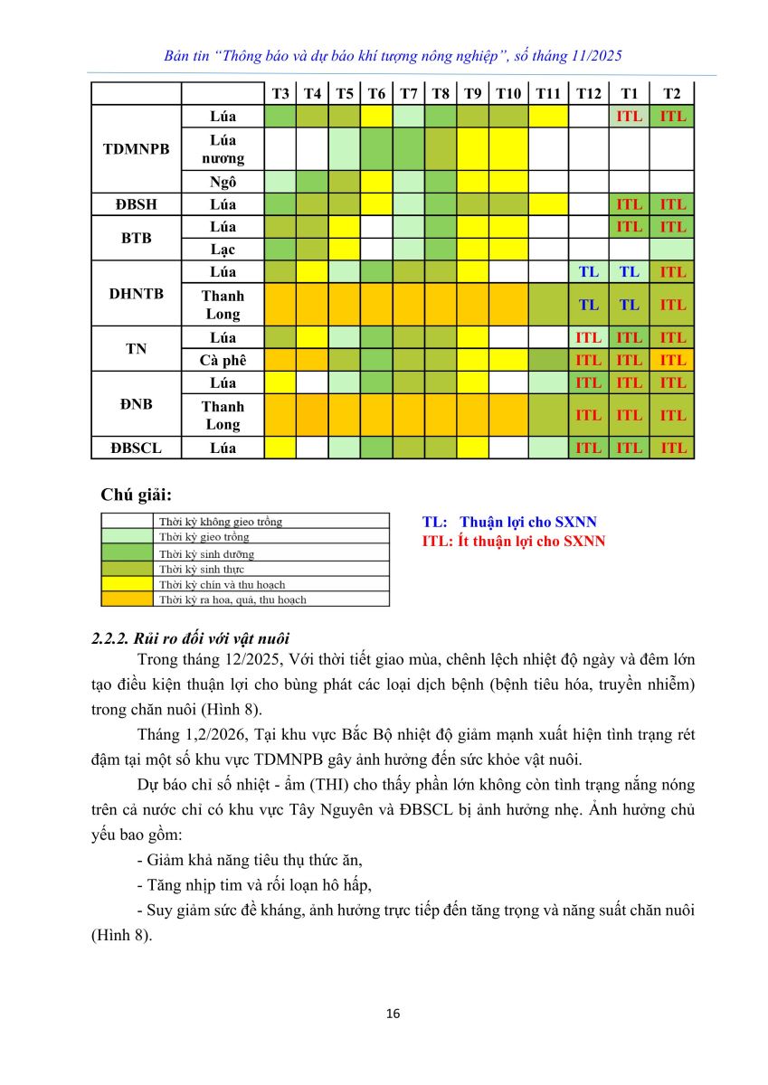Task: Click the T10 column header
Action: (508, 94)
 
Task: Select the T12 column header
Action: (588, 94)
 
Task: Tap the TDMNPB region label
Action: (137, 149)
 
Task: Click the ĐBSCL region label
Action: (137, 448)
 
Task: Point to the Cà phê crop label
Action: (223, 360)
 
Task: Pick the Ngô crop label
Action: (223, 182)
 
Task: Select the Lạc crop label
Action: (223, 249)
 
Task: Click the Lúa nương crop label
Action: (223, 149)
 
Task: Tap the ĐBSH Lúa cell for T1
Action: (629, 204)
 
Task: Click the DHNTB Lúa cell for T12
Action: (588, 271)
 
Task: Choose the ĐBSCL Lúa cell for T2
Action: (672, 448)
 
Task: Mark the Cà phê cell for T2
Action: (672, 360)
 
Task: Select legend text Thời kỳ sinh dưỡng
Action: (206, 553)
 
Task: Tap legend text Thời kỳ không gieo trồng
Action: (220, 522)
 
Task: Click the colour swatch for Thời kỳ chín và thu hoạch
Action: (126, 584)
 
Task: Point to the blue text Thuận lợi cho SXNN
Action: (528, 522)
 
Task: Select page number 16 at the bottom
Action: (393, 1014)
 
